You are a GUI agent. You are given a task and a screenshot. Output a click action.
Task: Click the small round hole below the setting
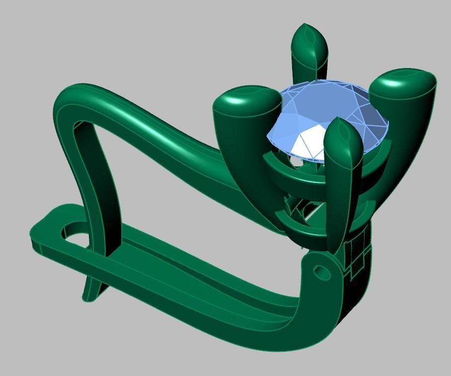click(x=321, y=272)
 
